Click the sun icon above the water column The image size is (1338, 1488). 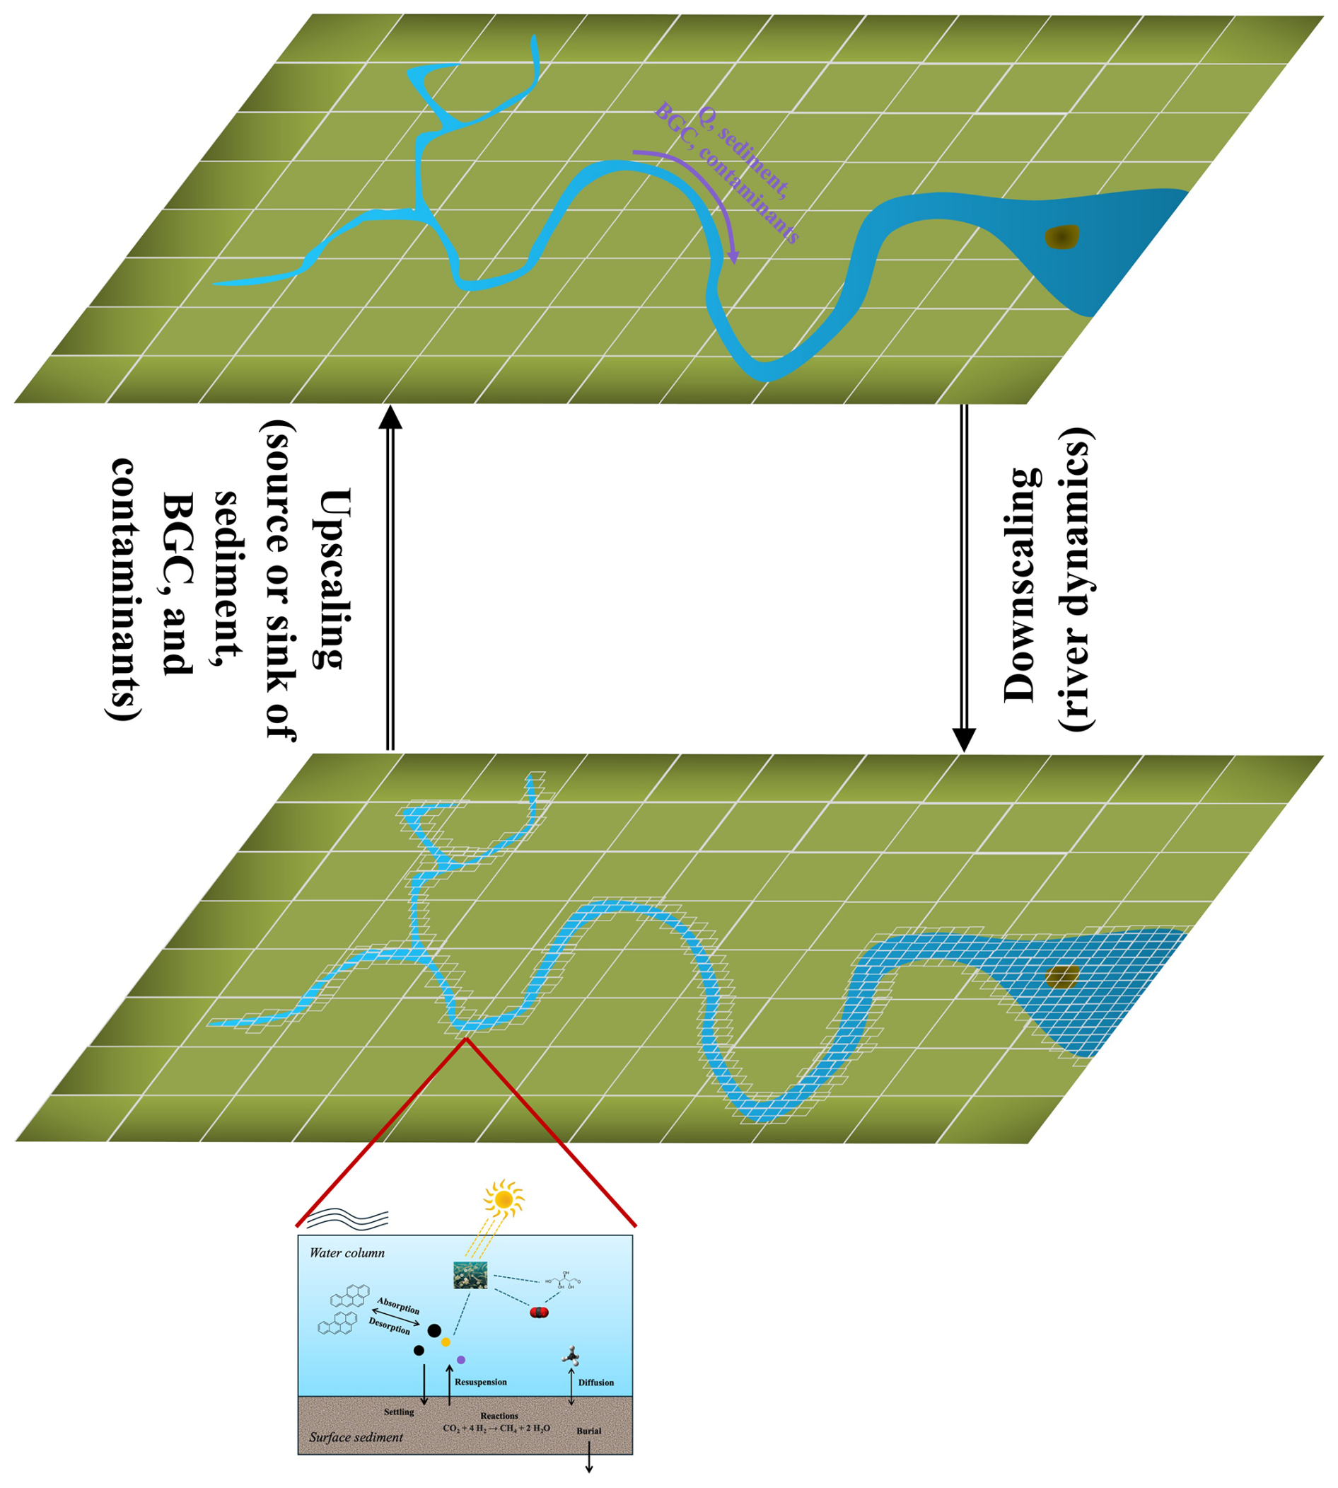pyautogui.click(x=504, y=1199)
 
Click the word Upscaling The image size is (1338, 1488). pyautogui.click(x=330, y=577)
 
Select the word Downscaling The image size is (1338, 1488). pyautogui.click(x=1022, y=584)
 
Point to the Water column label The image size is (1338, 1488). pyautogui.click(x=347, y=1252)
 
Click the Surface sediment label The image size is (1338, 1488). pyautogui.click(x=356, y=1436)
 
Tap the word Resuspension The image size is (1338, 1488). pyautogui.click(x=481, y=1382)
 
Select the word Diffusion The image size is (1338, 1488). pyautogui.click(x=595, y=1383)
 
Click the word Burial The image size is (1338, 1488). pyautogui.click(x=589, y=1431)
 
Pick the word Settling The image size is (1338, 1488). pyautogui.click(x=399, y=1412)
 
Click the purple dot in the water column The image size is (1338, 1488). pyautogui.click(x=461, y=1360)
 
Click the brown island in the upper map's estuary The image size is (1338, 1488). pyautogui.click(x=1062, y=237)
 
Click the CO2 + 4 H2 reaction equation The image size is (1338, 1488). pyautogui.click(x=496, y=1429)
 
